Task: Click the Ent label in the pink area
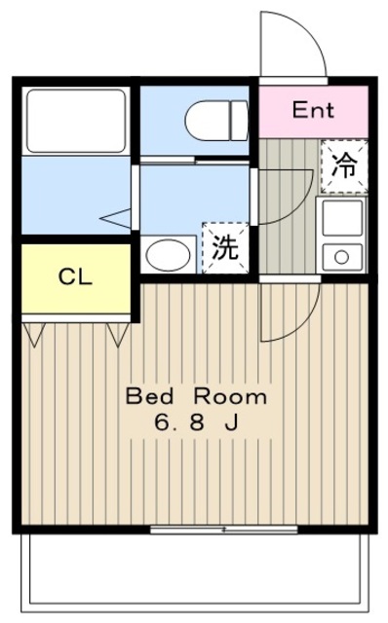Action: click(313, 110)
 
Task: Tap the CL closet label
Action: click(74, 276)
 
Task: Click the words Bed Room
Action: click(195, 397)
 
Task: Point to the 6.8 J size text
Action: click(195, 424)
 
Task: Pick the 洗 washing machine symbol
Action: click(224, 247)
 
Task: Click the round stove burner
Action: click(341, 258)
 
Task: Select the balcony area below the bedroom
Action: click(195, 574)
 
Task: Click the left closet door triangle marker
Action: click(35, 336)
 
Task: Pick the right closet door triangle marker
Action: click(120, 336)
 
